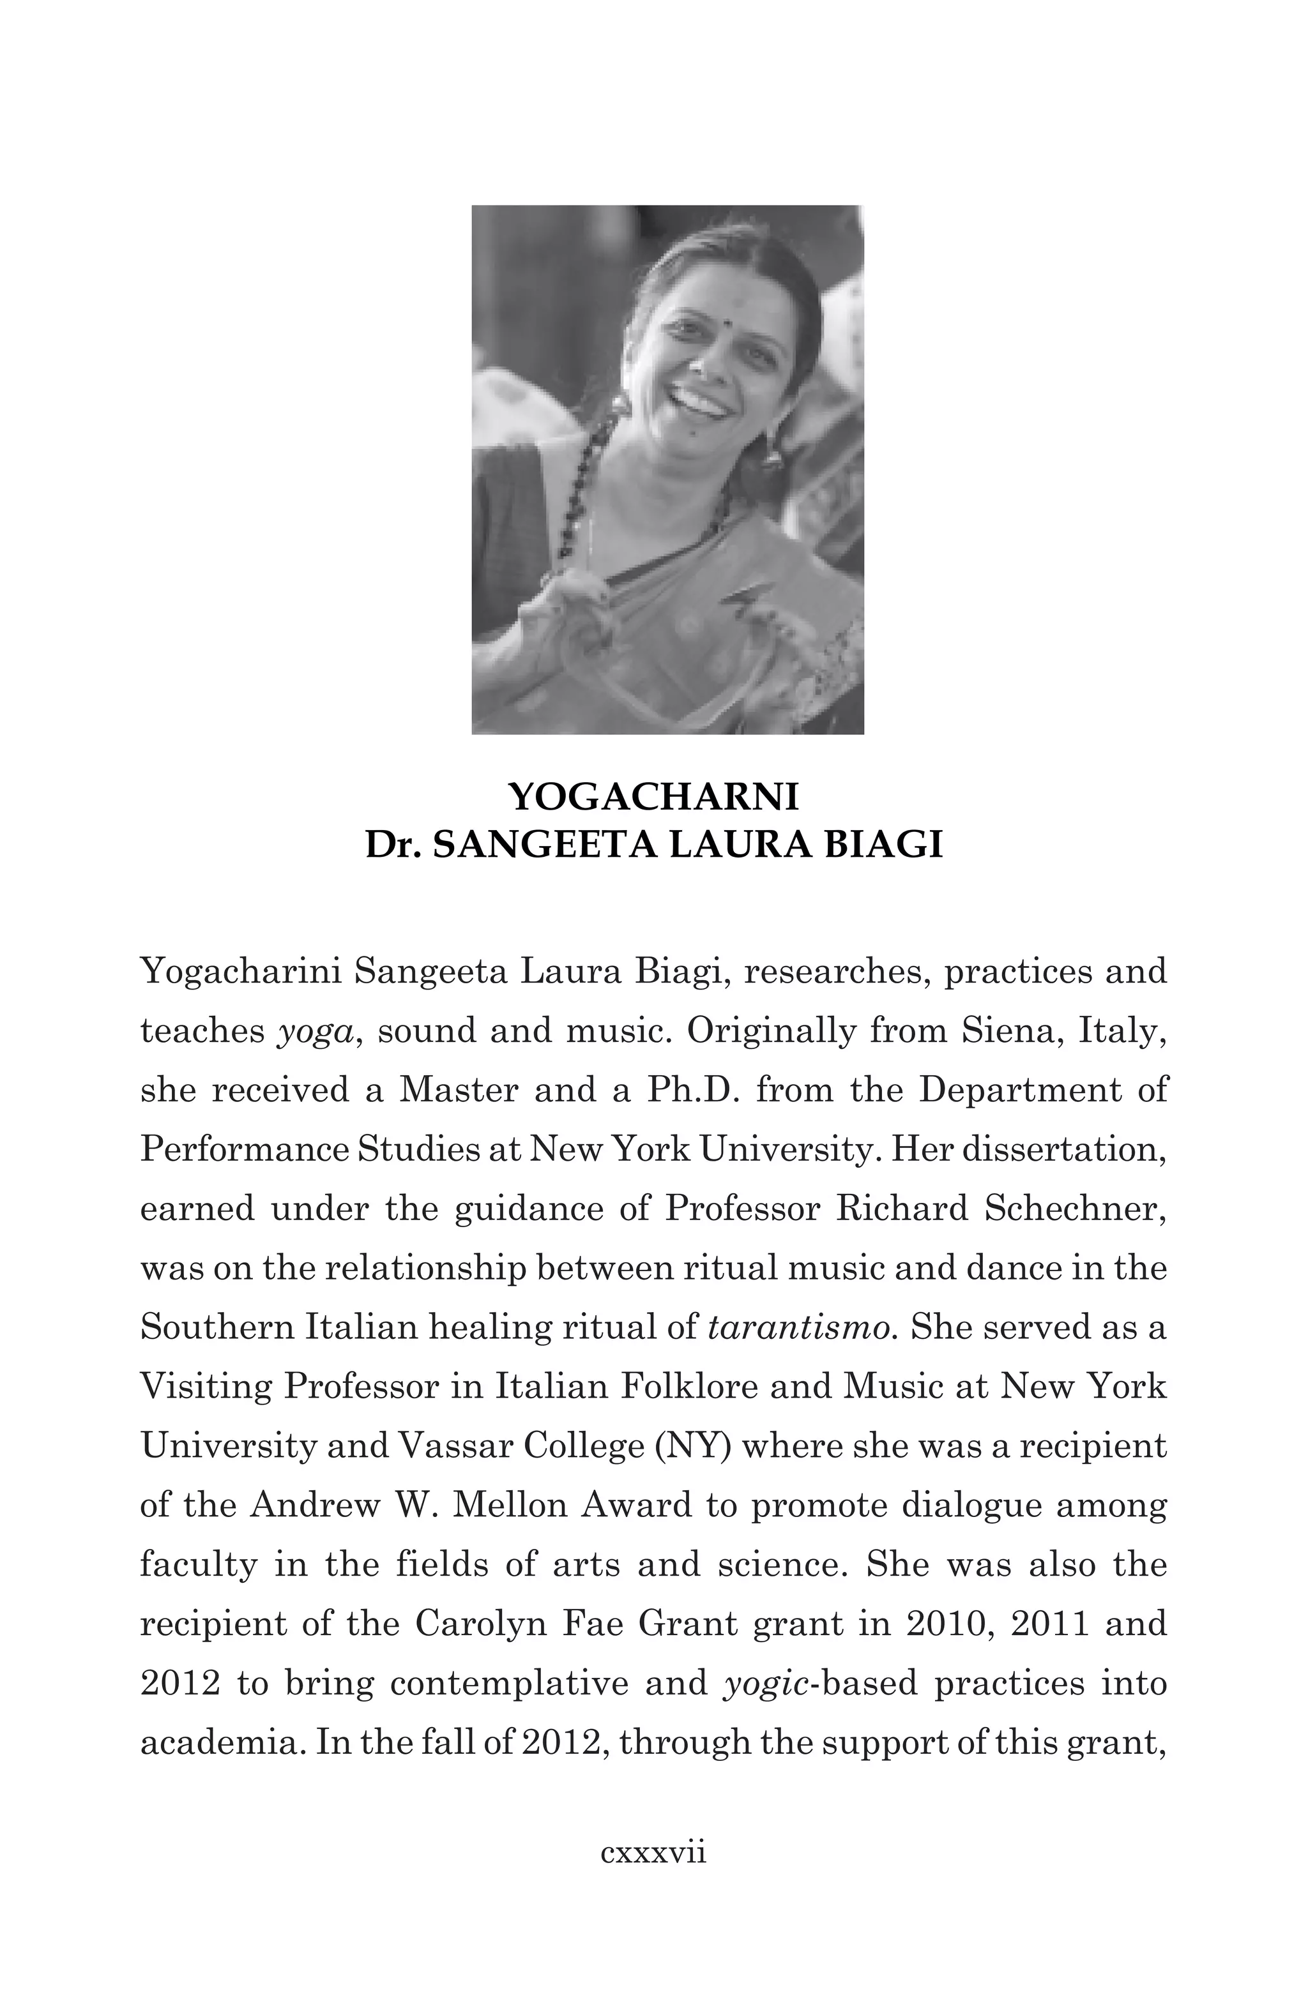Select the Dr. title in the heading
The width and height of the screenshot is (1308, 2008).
394,845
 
